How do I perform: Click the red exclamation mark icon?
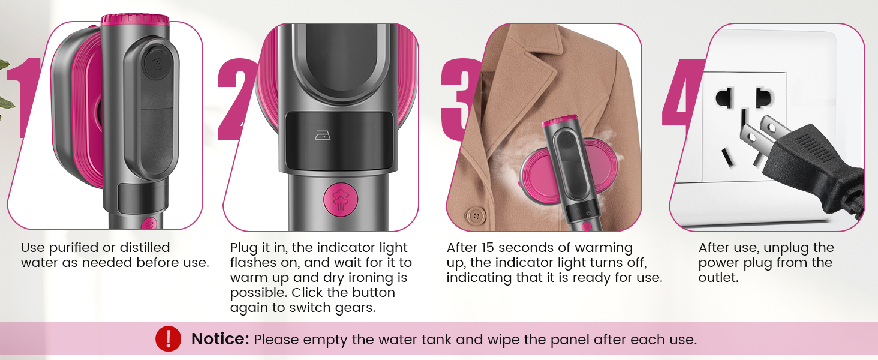(168, 339)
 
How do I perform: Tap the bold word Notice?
(220, 340)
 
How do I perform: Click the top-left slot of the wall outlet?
(724, 96)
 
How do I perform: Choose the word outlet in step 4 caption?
(718, 278)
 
